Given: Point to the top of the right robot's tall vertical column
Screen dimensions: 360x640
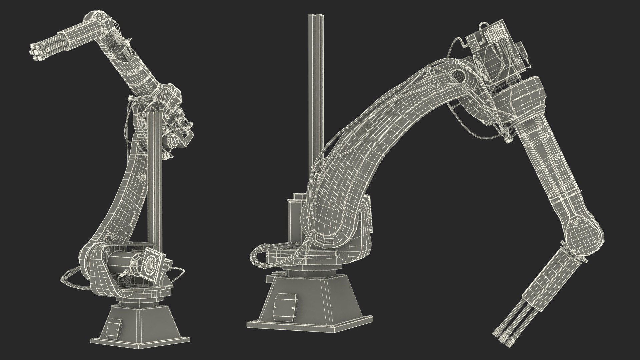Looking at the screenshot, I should pos(315,17).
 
